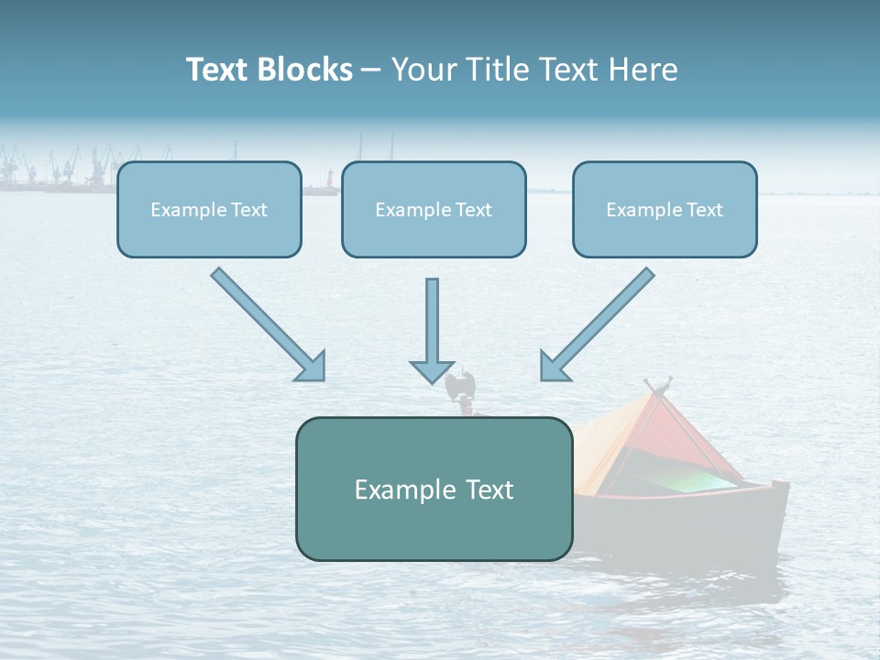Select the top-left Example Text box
[x=209, y=209]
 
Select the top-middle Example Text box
[x=434, y=209]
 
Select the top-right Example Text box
[x=665, y=209]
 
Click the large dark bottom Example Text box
[x=434, y=489]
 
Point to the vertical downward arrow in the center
[x=432, y=325]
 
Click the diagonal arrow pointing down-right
[x=266, y=323]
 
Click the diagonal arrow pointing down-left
[x=600, y=323]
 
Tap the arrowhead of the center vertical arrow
[x=432, y=370]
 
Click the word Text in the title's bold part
[x=218, y=70]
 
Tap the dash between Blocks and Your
[x=371, y=70]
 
